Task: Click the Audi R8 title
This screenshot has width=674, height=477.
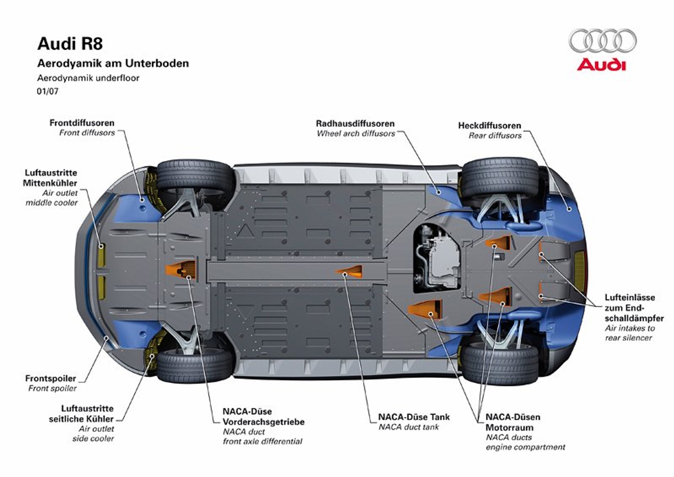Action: click(x=70, y=44)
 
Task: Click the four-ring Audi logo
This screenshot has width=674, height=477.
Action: click(x=602, y=41)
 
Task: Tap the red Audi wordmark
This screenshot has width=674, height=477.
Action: click(x=601, y=65)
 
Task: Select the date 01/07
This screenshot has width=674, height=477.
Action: click(x=47, y=91)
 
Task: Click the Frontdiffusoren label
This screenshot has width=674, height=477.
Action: click(x=82, y=123)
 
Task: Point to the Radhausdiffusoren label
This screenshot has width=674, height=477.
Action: click(x=355, y=124)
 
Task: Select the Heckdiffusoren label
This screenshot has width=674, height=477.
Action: click(x=489, y=126)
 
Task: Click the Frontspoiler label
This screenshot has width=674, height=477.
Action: click(x=51, y=378)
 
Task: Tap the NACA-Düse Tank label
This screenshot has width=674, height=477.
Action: click(x=414, y=417)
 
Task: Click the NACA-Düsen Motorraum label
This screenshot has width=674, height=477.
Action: click(x=512, y=422)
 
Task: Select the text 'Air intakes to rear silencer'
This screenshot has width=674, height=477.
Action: click(x=629, y=333)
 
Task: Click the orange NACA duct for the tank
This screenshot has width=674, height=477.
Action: click(x=351, y=271)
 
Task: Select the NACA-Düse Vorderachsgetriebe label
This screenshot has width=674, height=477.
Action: click(x=263, y=417)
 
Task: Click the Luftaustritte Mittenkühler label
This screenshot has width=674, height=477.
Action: click(x=50, y=178)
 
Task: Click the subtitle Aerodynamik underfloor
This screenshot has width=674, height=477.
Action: click(x=88, y=78)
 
